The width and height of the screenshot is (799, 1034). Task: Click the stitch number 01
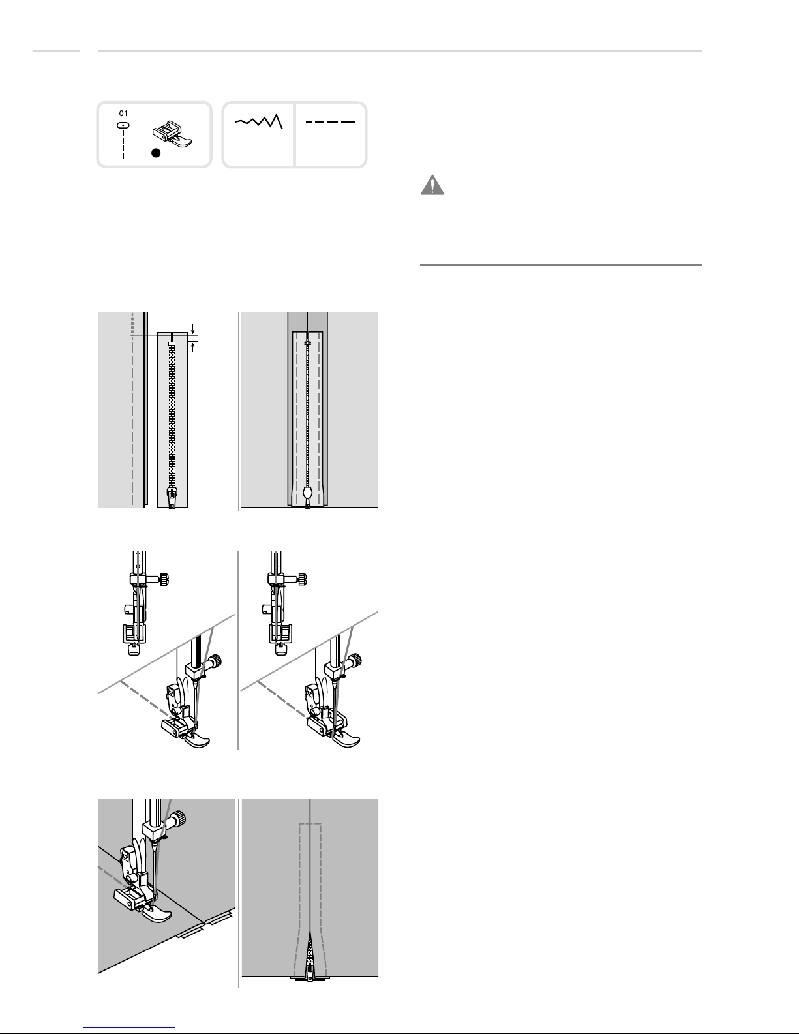[x=123, y=114]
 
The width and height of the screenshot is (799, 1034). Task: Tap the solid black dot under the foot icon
[x=155, y=153]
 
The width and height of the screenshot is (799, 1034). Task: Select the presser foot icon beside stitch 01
[x=172, y=133]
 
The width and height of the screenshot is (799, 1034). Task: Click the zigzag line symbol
[x=259, y=121]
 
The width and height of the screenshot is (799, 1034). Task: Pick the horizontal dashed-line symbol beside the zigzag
[x=330, y=122]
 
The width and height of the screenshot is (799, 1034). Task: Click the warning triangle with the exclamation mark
[x=432, y=185]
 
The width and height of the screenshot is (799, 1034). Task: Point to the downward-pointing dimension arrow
[x=192, y=328]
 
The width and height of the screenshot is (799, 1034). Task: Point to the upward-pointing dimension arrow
[x=192, y=347]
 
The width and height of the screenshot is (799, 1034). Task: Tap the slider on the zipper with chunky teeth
[x=172, y=497]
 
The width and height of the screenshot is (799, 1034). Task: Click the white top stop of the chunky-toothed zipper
[x=172, y=342]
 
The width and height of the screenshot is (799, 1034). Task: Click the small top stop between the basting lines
[x=307, y=342]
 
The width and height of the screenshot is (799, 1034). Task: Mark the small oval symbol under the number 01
[x=123, y=125]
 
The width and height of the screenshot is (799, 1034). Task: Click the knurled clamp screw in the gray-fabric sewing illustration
[x=180, y=819]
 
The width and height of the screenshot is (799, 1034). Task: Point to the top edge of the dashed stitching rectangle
[x=310, y=824]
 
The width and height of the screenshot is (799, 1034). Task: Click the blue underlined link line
[x=129, y=1028]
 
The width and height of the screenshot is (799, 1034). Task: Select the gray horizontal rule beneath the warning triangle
[x=561, y=265]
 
